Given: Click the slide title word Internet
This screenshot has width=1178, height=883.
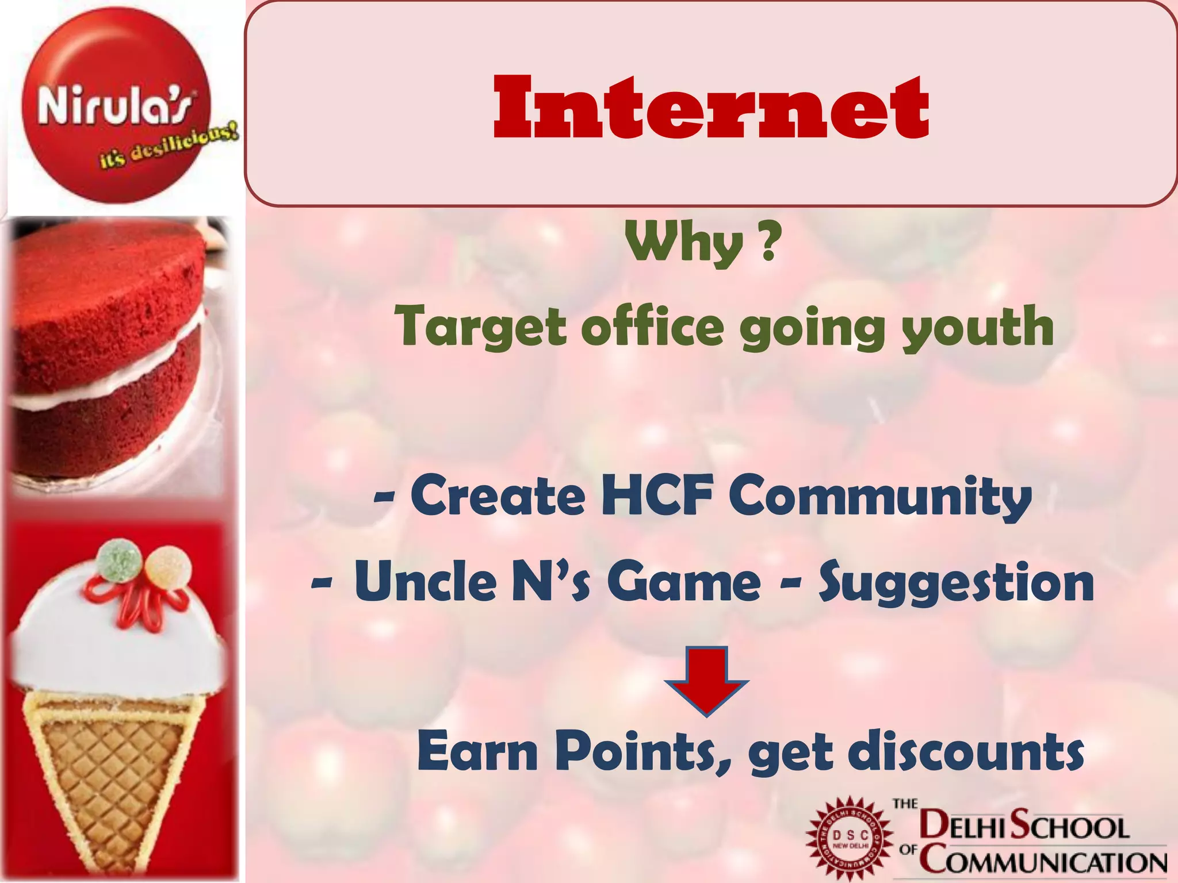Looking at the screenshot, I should (x=711, y=108).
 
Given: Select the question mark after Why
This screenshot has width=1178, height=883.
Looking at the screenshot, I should (x=770, y=243).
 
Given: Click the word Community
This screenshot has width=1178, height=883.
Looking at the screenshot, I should (x=880, y=497).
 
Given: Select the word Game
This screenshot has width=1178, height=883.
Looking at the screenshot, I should (x=684, y=582).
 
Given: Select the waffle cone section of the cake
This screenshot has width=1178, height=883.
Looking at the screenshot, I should (x=109, y=770).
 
